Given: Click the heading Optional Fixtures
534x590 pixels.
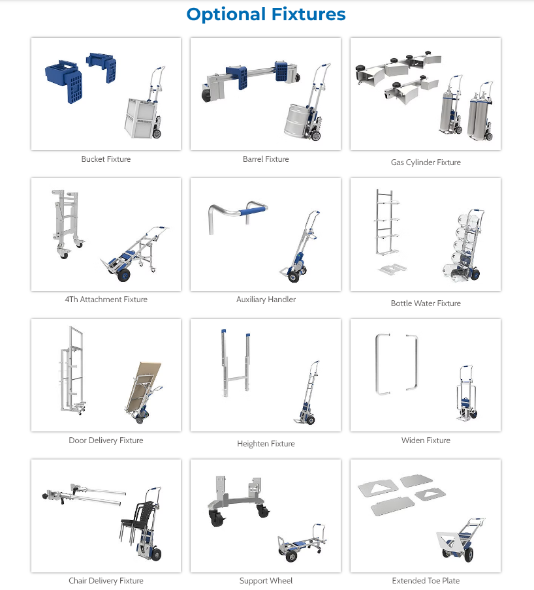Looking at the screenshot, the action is (266, 15).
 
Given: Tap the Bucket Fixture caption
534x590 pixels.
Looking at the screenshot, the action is (106, 159).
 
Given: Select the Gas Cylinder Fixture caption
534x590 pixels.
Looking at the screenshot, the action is (426, 163).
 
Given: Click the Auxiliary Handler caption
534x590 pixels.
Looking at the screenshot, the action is (266, 300).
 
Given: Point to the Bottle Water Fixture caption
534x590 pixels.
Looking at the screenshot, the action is (426, 303).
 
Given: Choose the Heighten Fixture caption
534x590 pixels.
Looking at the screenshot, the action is (266, 444).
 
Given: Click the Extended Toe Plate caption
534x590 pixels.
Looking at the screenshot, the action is (426, 581).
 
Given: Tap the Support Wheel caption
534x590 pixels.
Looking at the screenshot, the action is (266, 581).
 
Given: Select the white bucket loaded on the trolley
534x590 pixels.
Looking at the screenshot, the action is (140, 118).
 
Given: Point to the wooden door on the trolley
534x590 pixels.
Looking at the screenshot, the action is (144, 387).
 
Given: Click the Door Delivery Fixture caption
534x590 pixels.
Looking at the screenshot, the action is (106, 441).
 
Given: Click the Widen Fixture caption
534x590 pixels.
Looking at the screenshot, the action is (426, 441).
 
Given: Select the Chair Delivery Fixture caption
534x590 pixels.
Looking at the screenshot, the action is (106, 581).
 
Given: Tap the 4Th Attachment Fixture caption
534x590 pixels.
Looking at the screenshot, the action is (106, 300).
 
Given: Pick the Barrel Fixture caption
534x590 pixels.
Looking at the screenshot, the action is (266, 159).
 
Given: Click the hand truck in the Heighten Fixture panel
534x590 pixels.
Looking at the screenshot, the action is (307, 393).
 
